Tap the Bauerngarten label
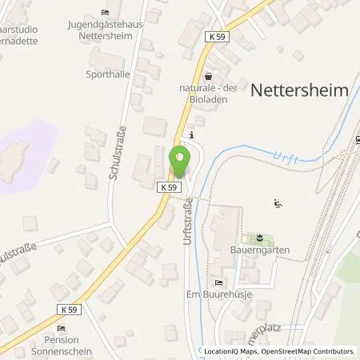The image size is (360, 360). (x=262, y=250)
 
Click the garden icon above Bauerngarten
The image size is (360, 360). (x=259, y=237)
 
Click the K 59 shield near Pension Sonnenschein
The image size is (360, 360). (x=69, y=309)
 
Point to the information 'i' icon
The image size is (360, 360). (x=190, y=134)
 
